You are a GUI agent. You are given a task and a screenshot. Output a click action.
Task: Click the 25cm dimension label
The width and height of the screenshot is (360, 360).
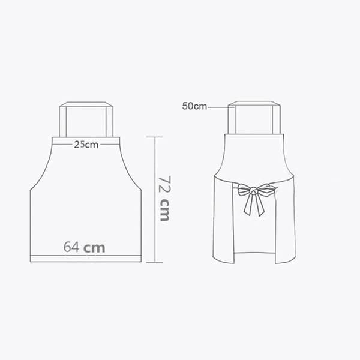pos(86,145)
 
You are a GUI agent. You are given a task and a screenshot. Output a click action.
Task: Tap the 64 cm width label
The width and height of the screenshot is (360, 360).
pos(84,247)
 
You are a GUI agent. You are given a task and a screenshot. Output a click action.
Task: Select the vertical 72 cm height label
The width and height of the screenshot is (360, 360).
pos(164,199)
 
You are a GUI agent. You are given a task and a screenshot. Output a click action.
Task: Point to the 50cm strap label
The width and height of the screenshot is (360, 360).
pos(194,106)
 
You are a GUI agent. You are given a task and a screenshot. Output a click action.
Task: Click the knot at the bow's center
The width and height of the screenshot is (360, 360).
pos(254,190)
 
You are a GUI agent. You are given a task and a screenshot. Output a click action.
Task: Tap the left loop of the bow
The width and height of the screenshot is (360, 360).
pos(244,190)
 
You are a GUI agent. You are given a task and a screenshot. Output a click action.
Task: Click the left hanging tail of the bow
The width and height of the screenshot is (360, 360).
pos(248,205)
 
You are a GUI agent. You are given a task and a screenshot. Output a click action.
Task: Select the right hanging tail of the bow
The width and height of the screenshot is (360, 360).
pos(259,205)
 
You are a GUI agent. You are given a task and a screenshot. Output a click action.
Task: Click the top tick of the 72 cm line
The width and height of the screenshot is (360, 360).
pos(155,137)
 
